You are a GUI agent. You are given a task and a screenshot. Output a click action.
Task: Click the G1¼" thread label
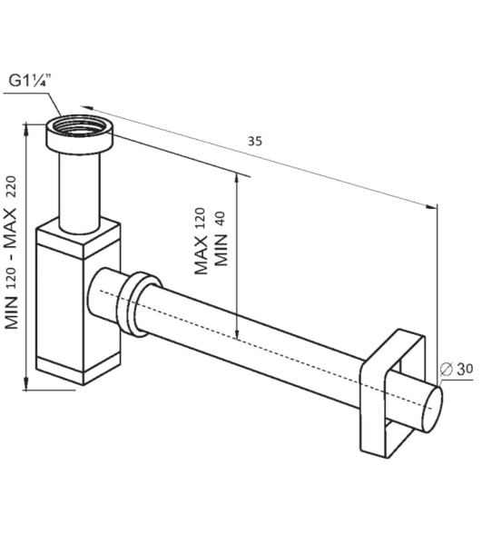tap(30, 81)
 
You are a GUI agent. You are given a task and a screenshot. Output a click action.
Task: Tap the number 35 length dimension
tap(255, 142)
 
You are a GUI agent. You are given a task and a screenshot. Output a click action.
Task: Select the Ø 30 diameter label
tap(457, 369)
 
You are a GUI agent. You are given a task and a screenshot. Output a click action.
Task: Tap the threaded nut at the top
tap(80, 133)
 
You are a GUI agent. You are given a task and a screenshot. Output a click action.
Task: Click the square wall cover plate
tap(392, 392)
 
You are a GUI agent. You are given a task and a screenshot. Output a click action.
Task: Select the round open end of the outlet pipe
tap(434, 410)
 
